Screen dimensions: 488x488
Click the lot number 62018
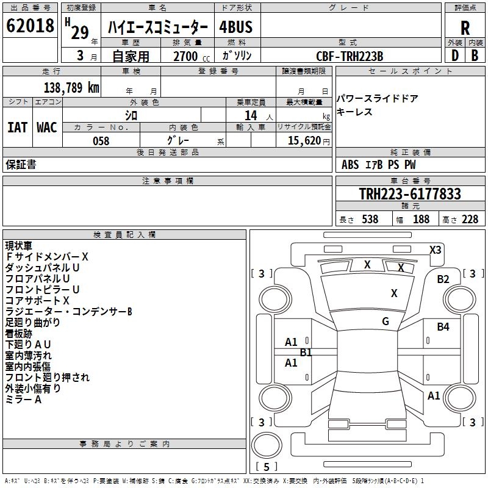pyautogui.click(x=30, y=26)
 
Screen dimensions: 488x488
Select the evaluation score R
pyautogui.click(x=465, y=28)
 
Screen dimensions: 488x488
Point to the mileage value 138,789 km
pyautogui.click(x=71, y=88)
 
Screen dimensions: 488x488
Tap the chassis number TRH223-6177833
pyautogui.click(x=409, y=194)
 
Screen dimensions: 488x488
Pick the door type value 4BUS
pyautogui.click(x=235, y=27)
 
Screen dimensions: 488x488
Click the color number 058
pyautogui.click(x=101, y=140)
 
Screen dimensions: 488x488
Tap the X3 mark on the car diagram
pyautogui.click(x=436, y=249)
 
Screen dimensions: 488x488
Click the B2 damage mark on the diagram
pyautogui.click(x=443, y=279)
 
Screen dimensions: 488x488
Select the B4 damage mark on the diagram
pyautogui.click(x=443, y=327)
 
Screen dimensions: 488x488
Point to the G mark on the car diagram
pyautogui.click(x=386, y=321)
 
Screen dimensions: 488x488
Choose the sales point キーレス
pyautogui.click(x=354, y=112)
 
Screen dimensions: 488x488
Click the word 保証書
pyautogui.click(x=21, y=165)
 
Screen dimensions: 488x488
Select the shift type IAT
pyautogui.click(x=17, y=127)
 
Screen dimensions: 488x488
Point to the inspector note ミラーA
pyautogui.click(x=23, y=399)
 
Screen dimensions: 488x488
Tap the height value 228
pyautogui.click(x=470, y=220)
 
